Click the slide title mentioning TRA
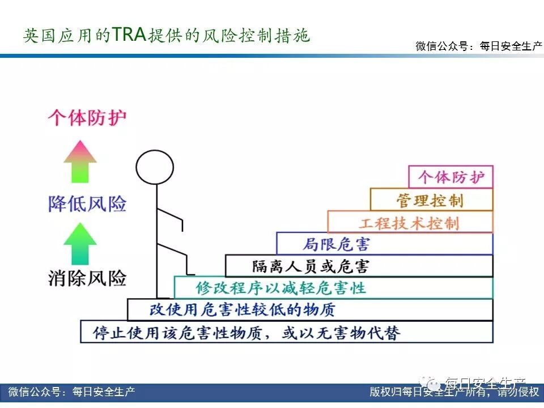(x=167, y=36)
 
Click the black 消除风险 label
(x=87, y=278)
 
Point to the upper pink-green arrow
(x=80, y=161)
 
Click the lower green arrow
(x=80, y=244)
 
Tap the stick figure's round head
(x=155, y=166)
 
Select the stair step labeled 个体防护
(x=451, y=177)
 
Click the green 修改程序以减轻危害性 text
(x=281, y=287)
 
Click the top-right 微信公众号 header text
(x=479, y=46)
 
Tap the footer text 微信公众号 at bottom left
(x=71, y=392)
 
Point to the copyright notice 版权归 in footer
(x=454, y=392)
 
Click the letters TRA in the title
(x=129, y=35)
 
